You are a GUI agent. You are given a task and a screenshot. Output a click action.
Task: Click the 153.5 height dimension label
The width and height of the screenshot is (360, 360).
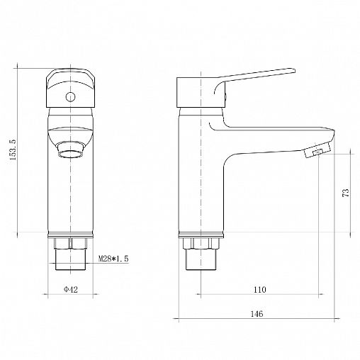[x=13, y=150]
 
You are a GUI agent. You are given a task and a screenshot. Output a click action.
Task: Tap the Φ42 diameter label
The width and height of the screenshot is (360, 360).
[x=70, y=289]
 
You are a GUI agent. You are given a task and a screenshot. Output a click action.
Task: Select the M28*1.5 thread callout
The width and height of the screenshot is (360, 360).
[x=113, y=259]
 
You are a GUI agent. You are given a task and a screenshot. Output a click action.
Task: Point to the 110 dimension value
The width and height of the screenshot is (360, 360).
[x=260, y=289]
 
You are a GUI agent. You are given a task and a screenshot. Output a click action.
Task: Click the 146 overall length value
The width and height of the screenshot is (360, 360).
[x=257, y=314]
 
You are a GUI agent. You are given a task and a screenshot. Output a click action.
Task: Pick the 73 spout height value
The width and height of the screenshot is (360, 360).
[x=346, y=193]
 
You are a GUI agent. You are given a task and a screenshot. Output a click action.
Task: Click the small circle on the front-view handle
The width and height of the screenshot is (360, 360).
[x=70, y=97]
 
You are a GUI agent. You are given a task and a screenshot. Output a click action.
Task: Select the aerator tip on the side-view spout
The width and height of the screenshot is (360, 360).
[x=317, y=150]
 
